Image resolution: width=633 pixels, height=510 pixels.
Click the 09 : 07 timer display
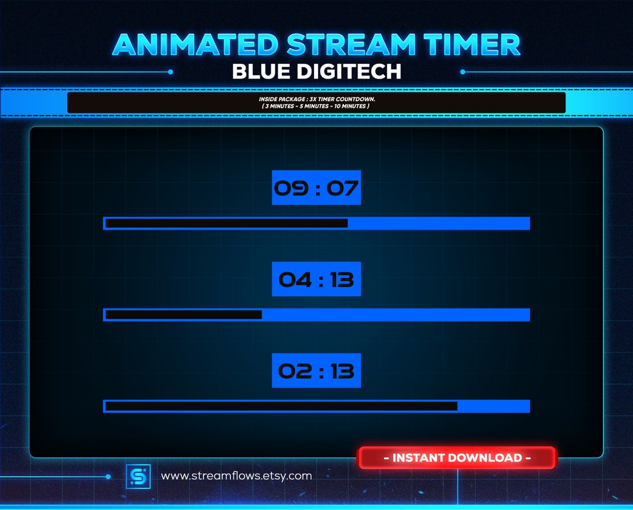tap(316, 188)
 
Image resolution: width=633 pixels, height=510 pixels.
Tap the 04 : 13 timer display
tap(316, 279)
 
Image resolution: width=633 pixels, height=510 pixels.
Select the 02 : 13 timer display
tap(316, 371)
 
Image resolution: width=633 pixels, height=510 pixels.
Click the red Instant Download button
tap(457, 458)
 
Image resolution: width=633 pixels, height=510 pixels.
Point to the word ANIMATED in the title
tap(195, 45)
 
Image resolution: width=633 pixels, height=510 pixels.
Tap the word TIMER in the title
tap(475, 45)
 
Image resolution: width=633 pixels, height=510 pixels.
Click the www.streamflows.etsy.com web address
tap(236, 476)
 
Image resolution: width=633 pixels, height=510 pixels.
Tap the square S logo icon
tap(138, 476)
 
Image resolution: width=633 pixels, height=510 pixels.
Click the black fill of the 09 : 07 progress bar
tap(226, 223)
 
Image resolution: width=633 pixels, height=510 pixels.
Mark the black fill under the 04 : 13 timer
tap(183, 314)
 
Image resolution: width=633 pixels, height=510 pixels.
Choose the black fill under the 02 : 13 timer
tap(281, 406)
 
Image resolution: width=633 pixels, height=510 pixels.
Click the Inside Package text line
tap(316, 99)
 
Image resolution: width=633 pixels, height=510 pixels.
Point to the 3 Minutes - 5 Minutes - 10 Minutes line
tap(316, 106)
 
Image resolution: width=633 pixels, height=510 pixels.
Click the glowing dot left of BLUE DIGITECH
tap(170, 72)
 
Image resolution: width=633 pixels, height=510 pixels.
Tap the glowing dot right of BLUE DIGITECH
tap(462, 72)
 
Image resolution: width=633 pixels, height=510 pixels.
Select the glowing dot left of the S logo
tap(108, 477)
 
